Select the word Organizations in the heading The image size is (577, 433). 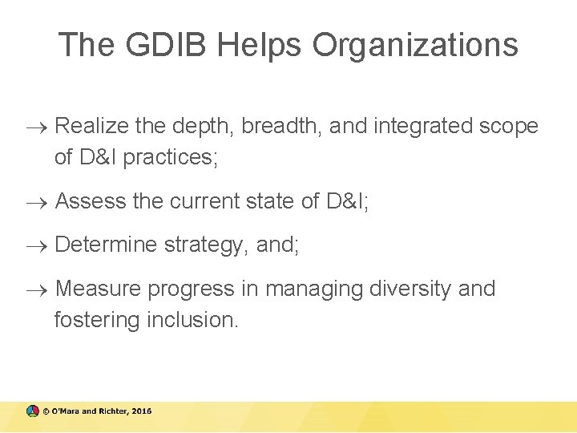[x=414, y=45]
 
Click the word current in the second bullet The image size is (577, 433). [x=206, y=201]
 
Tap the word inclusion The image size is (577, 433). [x=192, y=319]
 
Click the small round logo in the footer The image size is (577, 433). [x=32, y=411]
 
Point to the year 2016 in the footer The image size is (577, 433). [x=141, y=411]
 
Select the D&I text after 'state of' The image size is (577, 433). [x=347, y=201]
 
